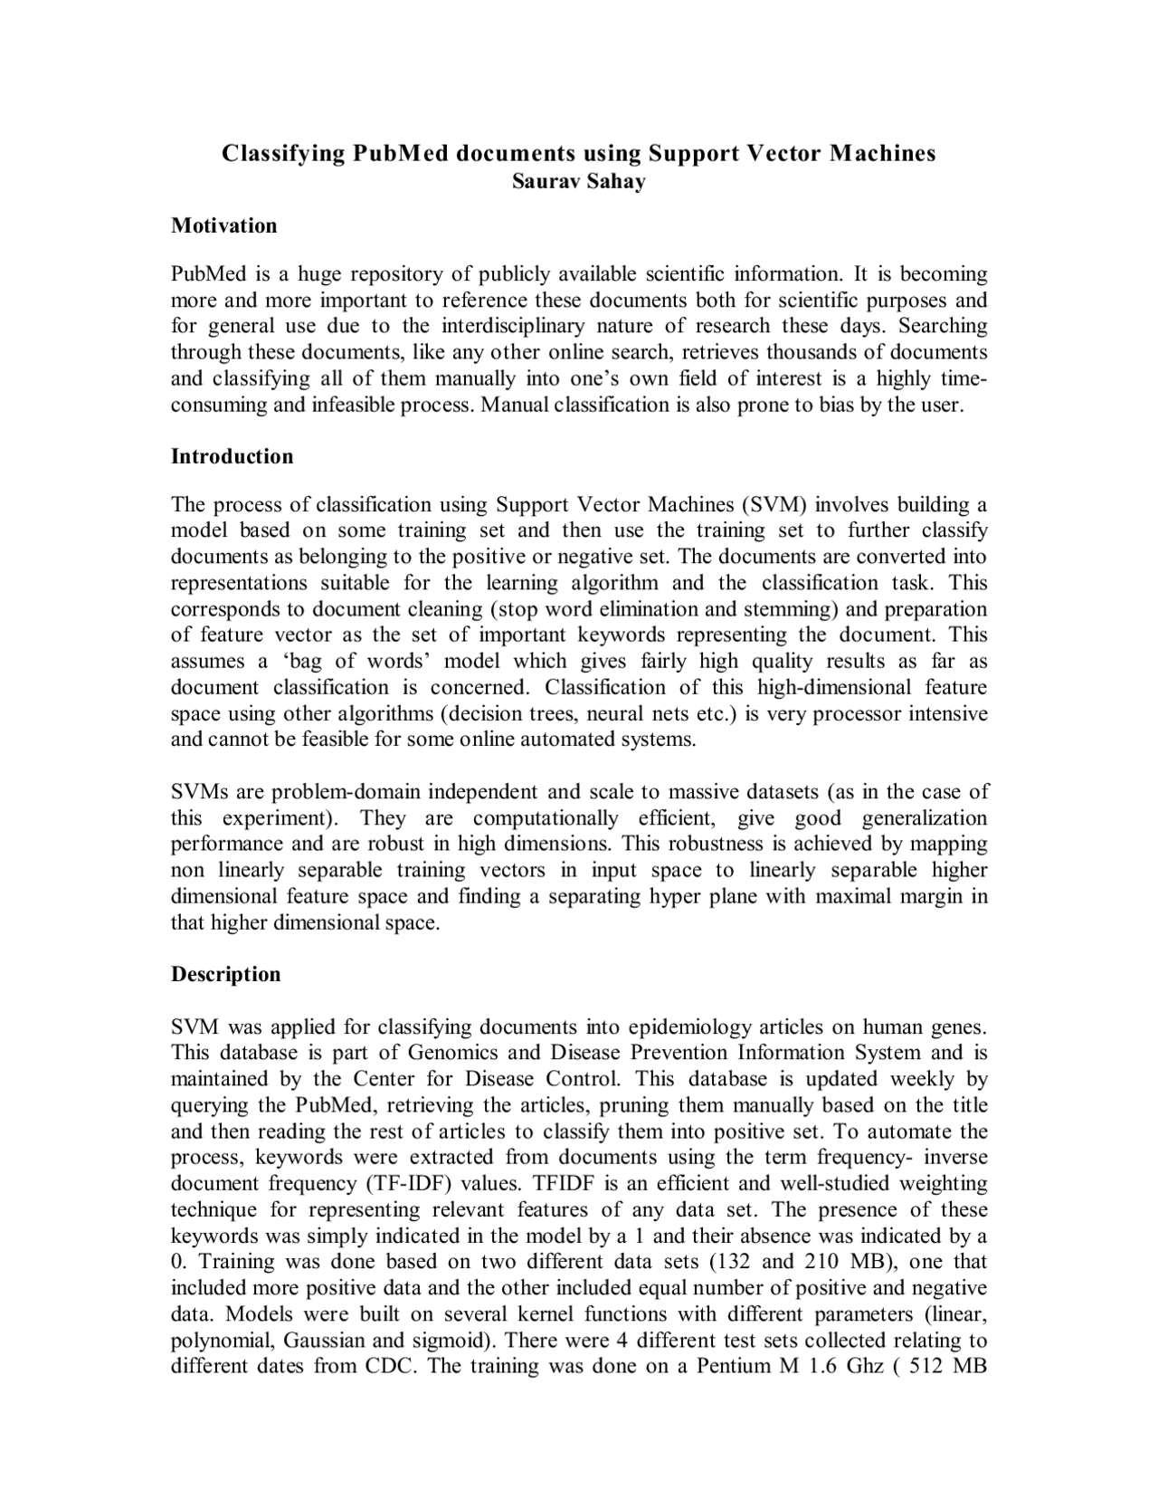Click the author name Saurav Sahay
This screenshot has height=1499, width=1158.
pyautogui.click(x=579, y=181)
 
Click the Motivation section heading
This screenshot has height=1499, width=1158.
pyautogui.click(x=223, y=225)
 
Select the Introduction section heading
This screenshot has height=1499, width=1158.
pyautogui.click(x=232, y=456)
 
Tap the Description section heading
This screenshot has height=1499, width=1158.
pyautogui.click(x=225, y=974)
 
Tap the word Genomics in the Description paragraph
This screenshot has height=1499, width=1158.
pyautogui.click(x=453, y=1053)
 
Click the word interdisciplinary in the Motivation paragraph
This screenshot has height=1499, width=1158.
pyautogui.click(x=514, y=326)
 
